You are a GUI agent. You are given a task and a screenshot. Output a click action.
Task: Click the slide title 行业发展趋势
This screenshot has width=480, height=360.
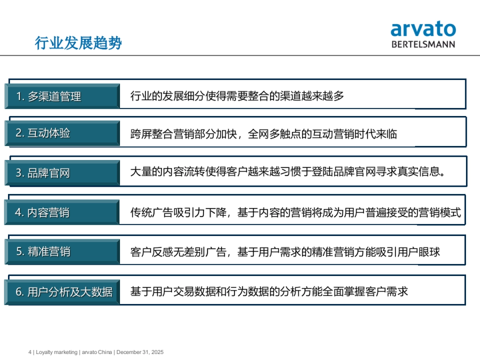tap(78, 43)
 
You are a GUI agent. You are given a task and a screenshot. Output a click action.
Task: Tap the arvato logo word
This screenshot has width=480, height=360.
tap(423, 30)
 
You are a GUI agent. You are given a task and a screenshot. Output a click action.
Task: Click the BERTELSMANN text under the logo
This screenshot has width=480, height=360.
tap(423, 44)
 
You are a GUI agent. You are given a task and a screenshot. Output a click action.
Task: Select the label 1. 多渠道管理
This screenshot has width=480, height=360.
tap(49, 96)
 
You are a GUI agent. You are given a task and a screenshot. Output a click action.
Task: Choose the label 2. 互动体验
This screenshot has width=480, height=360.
tap(43, 133)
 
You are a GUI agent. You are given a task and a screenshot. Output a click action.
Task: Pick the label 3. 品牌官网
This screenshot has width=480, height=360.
tap(43, 173)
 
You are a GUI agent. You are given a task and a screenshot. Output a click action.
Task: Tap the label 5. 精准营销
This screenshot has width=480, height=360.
tap(43, 252)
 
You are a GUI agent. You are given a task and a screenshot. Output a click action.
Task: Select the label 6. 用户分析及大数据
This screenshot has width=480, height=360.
tap(64, 292)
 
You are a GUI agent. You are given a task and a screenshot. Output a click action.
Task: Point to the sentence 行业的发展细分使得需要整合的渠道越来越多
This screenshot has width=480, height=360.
tap(237, 96)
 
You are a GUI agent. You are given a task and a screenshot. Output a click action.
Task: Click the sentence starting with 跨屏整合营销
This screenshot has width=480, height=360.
tap(264, 134)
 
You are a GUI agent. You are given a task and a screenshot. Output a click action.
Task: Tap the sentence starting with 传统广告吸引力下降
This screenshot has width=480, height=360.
tap(296, 212)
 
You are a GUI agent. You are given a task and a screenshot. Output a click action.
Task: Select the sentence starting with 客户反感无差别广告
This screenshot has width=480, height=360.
tap(285, 252)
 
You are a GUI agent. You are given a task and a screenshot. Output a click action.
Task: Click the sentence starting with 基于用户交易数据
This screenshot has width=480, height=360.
tap(269, 292)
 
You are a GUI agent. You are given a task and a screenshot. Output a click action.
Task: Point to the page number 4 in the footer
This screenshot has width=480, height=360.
tap(30, 352)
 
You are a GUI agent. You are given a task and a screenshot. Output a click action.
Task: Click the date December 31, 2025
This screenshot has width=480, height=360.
tap(140, 352)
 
